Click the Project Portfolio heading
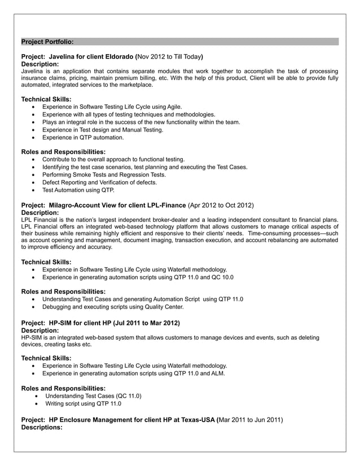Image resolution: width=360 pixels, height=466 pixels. [x=47, y=42]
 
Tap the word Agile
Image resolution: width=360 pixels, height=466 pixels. [x=174, y=106]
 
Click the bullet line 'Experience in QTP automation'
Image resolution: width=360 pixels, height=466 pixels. [x=83, y=137]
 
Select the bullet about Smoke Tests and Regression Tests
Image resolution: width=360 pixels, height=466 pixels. [x=104, y=175]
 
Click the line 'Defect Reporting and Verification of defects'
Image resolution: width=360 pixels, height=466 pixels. [x=99, y=182]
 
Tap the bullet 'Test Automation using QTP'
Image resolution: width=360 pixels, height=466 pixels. [x=78, y=190]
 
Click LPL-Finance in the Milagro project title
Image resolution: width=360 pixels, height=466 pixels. [x=166, y=205]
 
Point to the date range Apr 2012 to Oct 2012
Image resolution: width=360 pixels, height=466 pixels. [x=221, y=205]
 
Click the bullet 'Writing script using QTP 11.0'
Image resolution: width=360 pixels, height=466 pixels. [x=83, y=403]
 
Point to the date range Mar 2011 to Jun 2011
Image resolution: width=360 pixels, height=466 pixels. [x=251, y=420]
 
